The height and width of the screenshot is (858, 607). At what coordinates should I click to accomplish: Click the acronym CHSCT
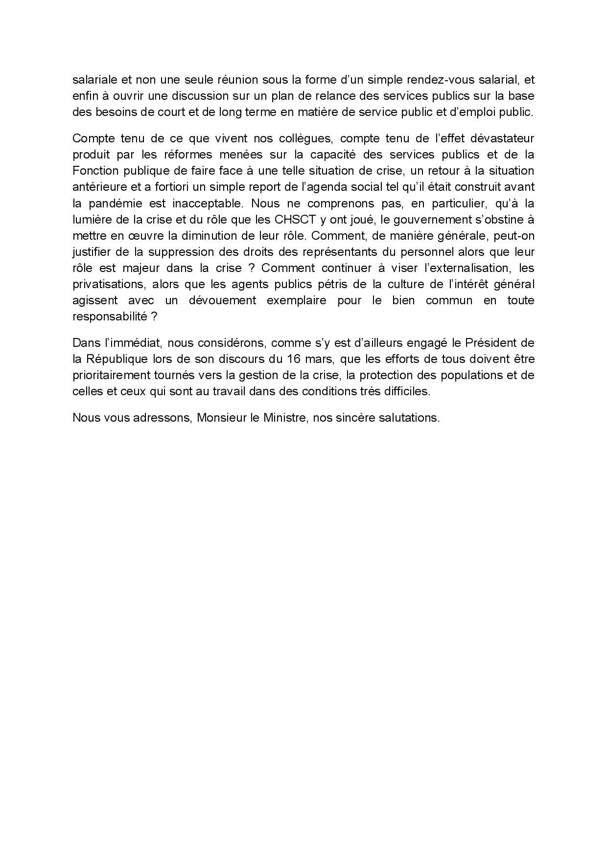(x=295, y=219)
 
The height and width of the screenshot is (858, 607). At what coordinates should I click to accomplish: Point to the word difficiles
(x=409, y=391)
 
